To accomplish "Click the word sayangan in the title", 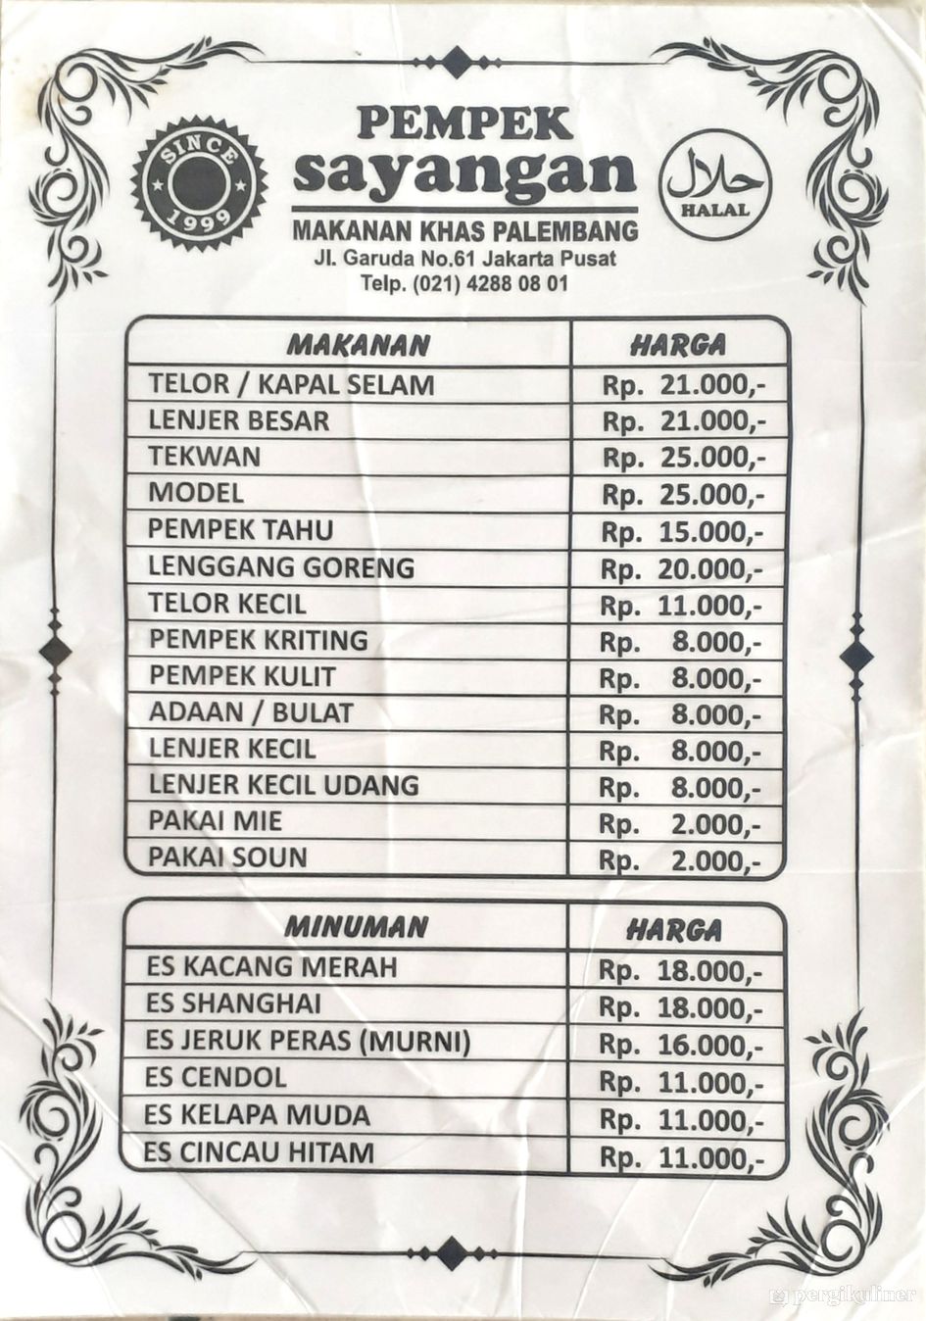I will coord(464,172).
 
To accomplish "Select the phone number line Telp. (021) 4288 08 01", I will coord(463,284).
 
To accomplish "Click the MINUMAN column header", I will coord(356,927).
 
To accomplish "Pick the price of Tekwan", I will coord(683,458).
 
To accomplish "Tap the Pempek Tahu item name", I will coord(241,529).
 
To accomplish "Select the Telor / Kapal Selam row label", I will coord(291,383).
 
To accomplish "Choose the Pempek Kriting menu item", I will coord(258,640).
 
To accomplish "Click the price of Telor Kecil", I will coord(680,606).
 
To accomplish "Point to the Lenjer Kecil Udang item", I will coord(283,785).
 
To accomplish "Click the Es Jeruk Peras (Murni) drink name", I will coord(308,1041).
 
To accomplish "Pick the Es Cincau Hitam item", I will coord(259,1151).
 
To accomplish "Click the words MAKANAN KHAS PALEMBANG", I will coord(464,231).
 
